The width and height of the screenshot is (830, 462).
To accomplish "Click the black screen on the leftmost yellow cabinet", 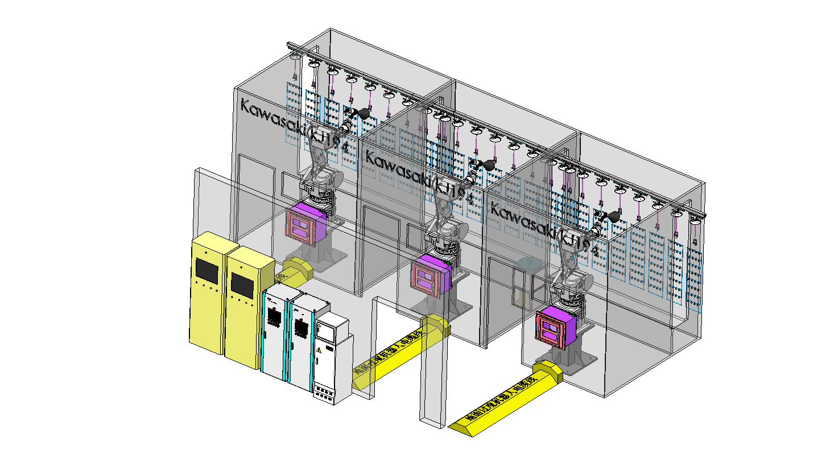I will pos(207,269).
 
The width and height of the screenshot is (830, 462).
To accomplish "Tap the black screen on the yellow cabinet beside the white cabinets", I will pos(242,284).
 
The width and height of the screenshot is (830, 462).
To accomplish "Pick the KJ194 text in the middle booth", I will pos(454,191).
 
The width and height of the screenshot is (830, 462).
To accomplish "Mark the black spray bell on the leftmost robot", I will pos(364,114).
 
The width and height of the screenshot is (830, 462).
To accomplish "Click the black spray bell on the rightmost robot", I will pos(614,216).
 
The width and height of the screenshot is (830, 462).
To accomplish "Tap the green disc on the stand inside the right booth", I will pos(530,263).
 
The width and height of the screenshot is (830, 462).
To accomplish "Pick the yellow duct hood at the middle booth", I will pos(435,325).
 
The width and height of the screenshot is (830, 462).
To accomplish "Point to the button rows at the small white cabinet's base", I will pos(324,393).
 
